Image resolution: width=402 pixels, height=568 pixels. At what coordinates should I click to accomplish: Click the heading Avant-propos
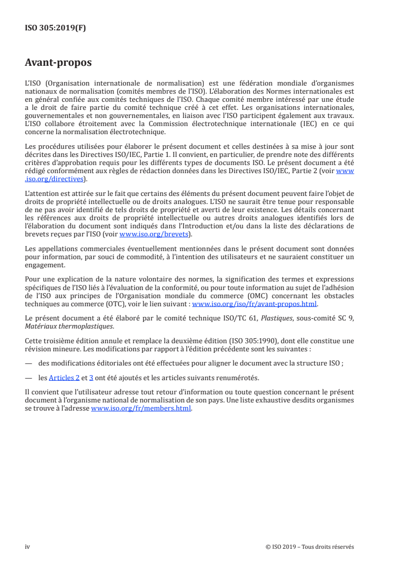[58, 63]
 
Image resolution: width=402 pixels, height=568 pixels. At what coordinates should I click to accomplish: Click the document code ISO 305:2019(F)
[55, 28]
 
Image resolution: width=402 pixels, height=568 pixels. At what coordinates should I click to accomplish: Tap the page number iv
[28, 547]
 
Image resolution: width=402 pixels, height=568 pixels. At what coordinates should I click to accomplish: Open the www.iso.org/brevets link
[154, 234]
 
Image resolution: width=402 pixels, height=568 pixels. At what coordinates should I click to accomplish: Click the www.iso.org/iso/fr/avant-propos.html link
[254, 304]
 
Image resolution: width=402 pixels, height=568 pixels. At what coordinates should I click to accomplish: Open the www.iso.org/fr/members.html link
[141, 409]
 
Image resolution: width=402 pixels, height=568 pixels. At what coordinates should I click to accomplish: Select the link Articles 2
[64, 377]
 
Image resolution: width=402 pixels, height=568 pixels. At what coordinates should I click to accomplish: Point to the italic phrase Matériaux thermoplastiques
[60, 325]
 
